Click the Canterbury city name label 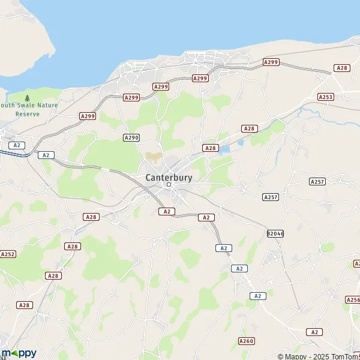click(169, 177)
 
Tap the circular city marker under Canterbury click(169, 185)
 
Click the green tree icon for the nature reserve click(27, 98)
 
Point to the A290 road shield click(131, 137)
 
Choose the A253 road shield click(326, 97)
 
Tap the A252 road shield click(8, 254)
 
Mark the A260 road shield click(246, 341)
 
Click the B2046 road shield click(275, 233)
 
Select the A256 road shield click(353, 299)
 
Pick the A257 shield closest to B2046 click(271, 197)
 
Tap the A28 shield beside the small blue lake click(210, 148)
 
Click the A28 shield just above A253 click(342, 68)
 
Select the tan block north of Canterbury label click(154, 156)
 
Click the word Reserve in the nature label click(28, 113)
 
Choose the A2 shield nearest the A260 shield click(259, 296)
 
